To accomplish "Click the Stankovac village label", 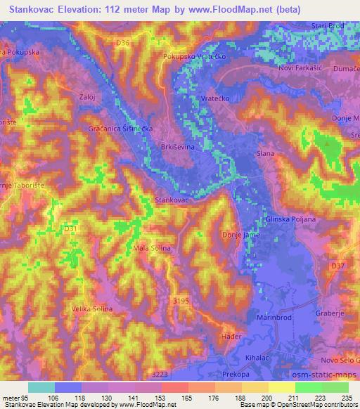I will [172, 201].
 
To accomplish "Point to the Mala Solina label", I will [153, 249].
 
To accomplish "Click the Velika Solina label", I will [92, 309].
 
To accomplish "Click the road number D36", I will [124, 43].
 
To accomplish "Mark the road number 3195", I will [181, 299].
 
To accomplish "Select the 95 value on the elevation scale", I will [26, 397].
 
